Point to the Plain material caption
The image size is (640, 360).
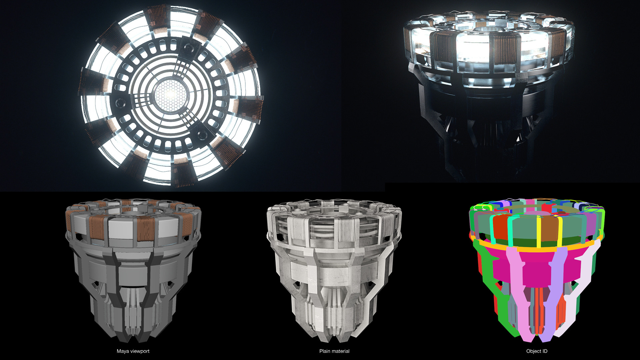(334, 351)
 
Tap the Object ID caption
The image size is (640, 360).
(537, 351)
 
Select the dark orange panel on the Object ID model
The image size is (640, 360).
(500, 228)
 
